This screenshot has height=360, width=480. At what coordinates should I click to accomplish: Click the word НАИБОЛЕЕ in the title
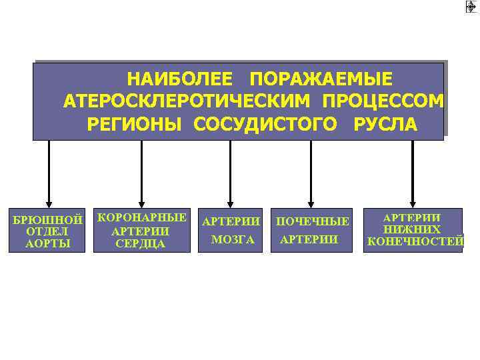click(x=179, y=80)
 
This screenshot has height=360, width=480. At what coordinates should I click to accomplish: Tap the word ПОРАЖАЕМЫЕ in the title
click(x=321, y=80)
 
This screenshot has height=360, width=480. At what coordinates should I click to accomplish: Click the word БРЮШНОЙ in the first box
click(x=47, y=219)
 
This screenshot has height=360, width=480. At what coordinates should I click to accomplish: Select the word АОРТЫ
click(x=47, y=243)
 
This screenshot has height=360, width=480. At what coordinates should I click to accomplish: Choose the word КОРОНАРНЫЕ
click(x=142, y=217)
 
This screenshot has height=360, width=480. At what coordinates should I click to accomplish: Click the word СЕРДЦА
click(x=141, y=243)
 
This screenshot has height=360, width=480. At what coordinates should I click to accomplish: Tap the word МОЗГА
click(x=232, y=239)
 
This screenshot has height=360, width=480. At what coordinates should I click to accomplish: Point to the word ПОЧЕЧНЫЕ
click(x=313, y=221)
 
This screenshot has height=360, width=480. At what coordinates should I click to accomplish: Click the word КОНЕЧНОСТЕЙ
click(x=415, y=241)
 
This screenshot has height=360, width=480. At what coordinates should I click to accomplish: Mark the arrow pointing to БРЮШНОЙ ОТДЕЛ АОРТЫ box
click(x=49, y=173)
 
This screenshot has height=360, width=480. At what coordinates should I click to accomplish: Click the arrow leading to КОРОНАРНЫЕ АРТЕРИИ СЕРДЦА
click(x=141, y=173)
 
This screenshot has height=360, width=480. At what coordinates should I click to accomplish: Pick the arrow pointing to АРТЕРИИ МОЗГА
click(x=231, y=173)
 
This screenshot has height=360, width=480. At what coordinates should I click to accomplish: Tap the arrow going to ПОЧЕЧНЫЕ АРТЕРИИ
click(x=311, y=173)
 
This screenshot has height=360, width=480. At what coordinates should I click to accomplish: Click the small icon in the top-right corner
click(x=471, y=7)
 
